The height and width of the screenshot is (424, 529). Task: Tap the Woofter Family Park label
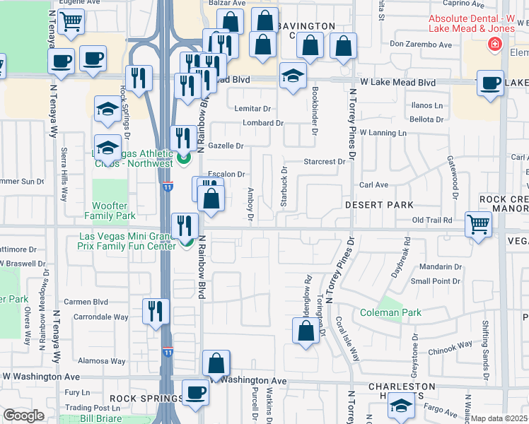tap(110, 211)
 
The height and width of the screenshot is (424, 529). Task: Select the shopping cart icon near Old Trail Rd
tap(479, 226)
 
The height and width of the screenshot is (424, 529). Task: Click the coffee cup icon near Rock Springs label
tap(195, 393)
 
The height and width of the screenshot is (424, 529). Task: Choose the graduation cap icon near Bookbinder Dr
tap(292, 76)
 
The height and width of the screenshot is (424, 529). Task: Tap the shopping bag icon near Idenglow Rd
tap(306, 331)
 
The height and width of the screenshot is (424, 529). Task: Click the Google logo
tap(23, 416)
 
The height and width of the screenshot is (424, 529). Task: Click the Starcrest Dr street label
tap(323, 162)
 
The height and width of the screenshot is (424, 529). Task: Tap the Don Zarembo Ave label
tap(420, 45)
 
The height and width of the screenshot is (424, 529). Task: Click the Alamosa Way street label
tap(102, 360)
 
